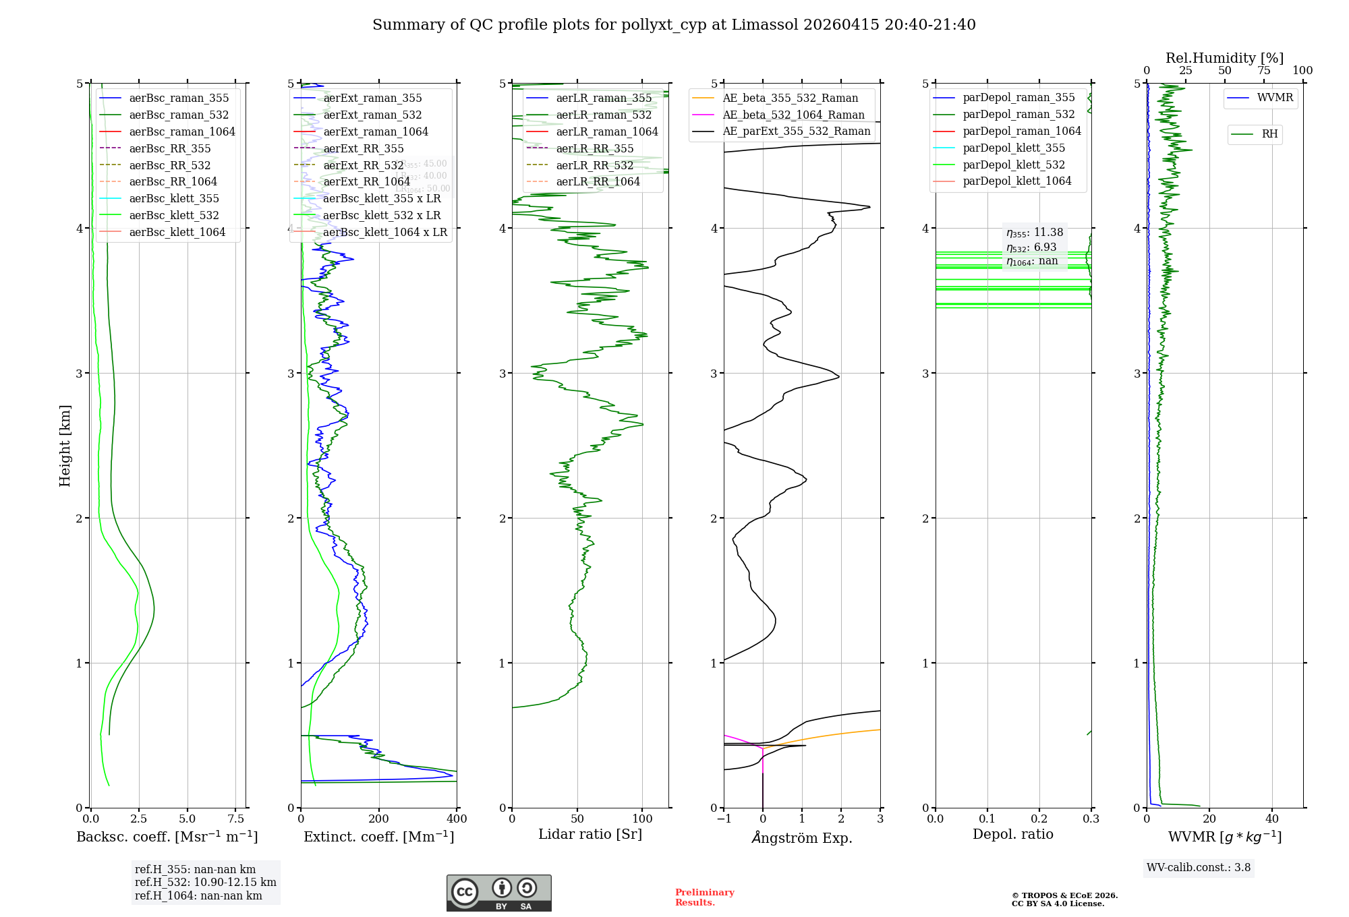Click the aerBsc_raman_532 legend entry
179,115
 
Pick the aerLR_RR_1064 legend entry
598,181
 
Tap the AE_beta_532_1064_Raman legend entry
793,115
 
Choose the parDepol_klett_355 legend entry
1014,148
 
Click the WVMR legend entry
1275,98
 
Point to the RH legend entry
1269,134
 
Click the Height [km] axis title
65,445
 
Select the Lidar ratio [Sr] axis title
590,834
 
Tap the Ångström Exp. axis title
801,837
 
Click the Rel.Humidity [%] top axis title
1224,58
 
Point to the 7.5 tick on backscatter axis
235,819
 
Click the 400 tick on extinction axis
457,819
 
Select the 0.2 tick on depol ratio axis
1039,819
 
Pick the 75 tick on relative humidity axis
1263,71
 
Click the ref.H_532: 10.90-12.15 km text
205,882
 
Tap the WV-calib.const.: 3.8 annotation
1199,868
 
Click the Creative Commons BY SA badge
498,893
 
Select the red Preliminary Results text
704,897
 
